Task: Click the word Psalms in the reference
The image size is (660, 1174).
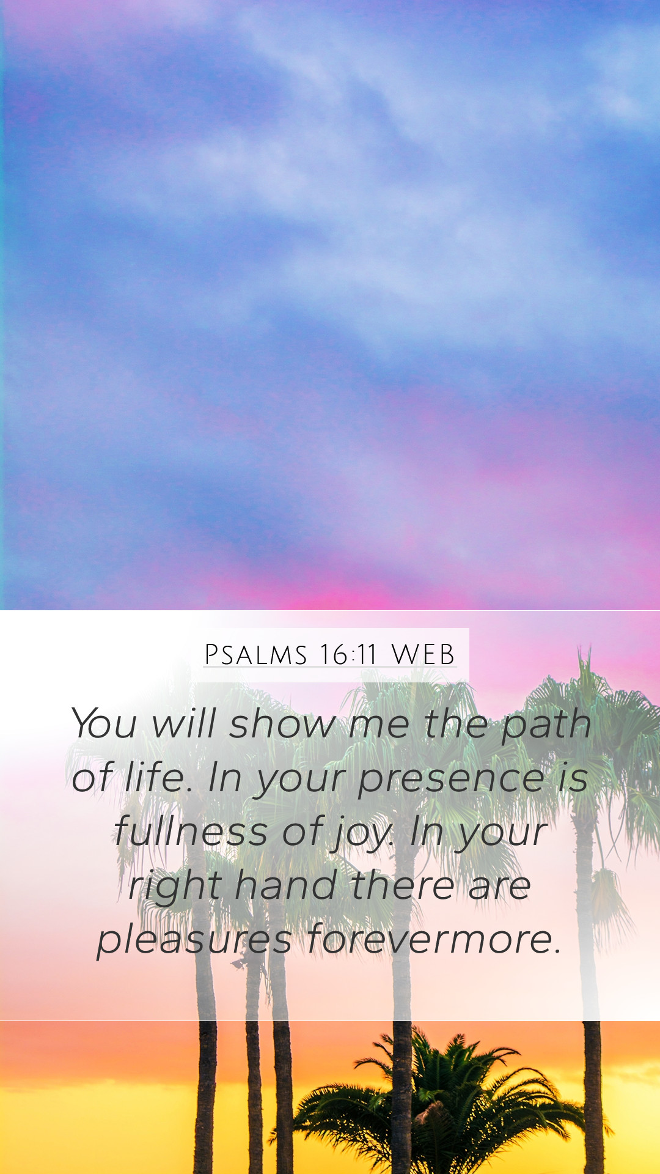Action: click(255, 655)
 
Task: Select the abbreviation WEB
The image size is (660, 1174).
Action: click(423, 655)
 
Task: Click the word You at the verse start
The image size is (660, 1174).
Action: click(103, 723)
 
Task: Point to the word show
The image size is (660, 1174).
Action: click(282, 723)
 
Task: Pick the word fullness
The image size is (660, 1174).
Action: click(191, 831)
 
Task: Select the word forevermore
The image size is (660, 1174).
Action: click(434, 939)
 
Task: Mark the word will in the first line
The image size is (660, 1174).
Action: click(184, 723)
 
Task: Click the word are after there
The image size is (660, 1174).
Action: click(500, 888)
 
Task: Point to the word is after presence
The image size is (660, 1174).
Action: click(573, 777)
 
